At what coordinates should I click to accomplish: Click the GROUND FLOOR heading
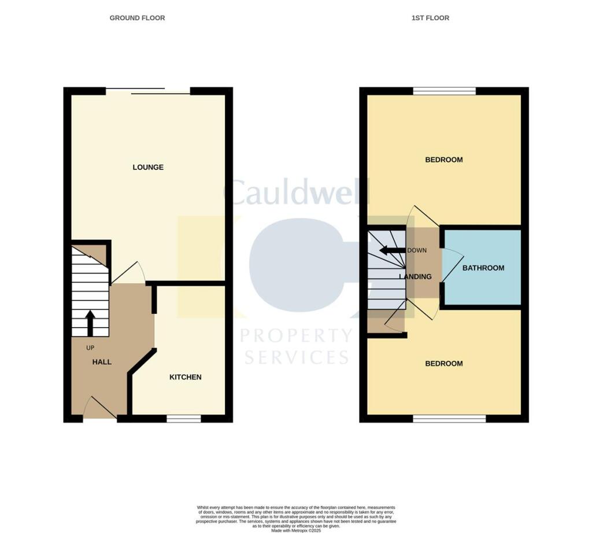(x=137, y=18)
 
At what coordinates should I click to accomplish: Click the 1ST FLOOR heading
(x=430, y=18)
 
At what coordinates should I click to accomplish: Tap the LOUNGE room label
(x=148, y=167)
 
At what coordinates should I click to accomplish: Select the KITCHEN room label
(x=185, y=377)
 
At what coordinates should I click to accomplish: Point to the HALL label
(x=102, y=362)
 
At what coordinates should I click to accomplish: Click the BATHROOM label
(x=483, y=268)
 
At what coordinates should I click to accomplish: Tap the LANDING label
(x=416, y=276)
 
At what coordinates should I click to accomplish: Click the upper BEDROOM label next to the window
(x=444, y=160)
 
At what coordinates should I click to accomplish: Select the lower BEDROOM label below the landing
(x=444, y=364)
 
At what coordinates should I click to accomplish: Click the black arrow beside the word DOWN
(x=392, y=250)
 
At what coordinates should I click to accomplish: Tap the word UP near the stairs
(x=90, y=348)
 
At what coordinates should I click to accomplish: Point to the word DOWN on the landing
(x=417, y=250)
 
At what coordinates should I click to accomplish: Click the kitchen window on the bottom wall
(x=184, y=419)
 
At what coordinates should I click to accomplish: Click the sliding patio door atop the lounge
(x=148, y=91)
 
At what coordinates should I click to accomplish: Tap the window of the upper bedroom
(x=444, y=91)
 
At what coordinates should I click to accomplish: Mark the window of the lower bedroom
(x=449, y=419)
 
